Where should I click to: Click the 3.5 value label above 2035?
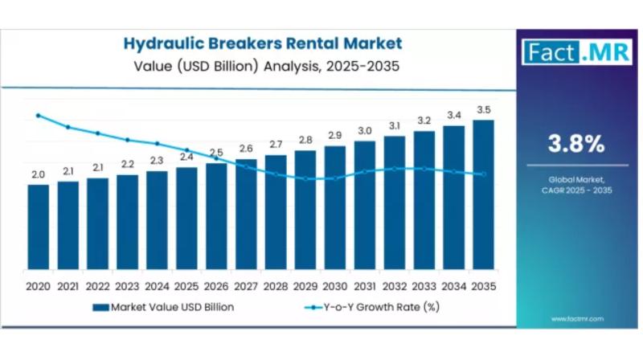(483, 110)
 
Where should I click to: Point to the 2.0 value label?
(38, 174)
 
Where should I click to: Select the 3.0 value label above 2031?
(365, 130)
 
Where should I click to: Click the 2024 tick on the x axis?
(157, 286)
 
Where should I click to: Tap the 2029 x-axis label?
(305, 286)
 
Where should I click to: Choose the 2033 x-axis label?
(424, 286)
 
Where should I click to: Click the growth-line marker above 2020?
(38, 116)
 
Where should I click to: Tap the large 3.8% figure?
(575, 144)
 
